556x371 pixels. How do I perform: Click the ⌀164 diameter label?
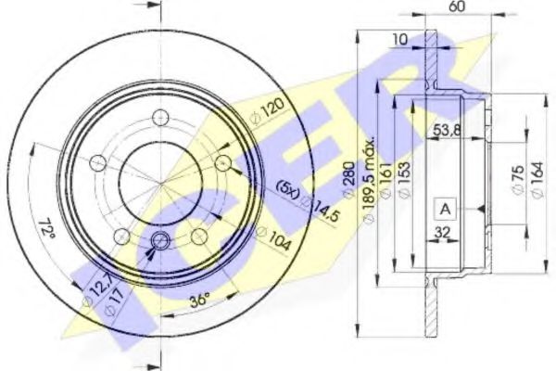536,176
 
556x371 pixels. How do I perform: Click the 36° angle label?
198,299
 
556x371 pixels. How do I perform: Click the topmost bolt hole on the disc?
160,117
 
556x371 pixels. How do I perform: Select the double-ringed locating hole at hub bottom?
160,242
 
